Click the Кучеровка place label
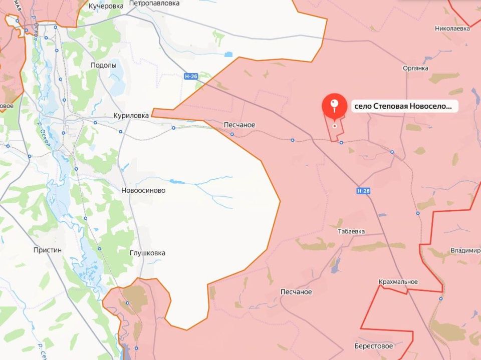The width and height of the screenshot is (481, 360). pos(106,6)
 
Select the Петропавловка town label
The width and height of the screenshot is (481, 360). pos(154,3)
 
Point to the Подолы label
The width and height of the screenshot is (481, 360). pos(103,65)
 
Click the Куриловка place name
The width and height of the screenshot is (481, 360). pos(131,115)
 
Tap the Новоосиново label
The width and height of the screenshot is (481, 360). pos(143,190)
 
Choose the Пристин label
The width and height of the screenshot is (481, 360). pos(48,250)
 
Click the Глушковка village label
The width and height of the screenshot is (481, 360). pos(147,253)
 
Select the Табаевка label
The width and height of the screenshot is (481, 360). pos(351,231)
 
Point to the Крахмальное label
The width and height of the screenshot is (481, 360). pos(398,282)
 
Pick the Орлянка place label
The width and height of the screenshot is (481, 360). pos(415,68)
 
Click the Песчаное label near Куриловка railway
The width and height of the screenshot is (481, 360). pos(239,125)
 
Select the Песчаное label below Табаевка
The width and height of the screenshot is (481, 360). pos(296,292)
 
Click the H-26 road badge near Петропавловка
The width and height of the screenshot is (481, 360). pos(190,77)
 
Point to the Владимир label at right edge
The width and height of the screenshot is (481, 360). pos(465,250)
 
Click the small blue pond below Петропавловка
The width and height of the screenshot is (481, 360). pos(228,54)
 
